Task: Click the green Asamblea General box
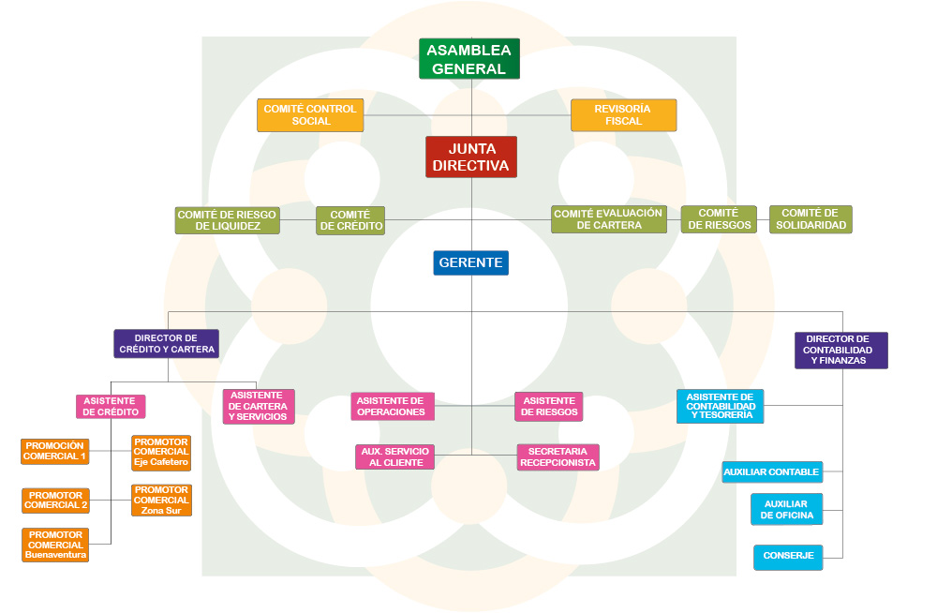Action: (469, 59)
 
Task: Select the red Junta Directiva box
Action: (471, 157)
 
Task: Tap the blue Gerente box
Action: (470, 262)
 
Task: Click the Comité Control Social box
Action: (310, 115)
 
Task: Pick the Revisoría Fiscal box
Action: (623, 115)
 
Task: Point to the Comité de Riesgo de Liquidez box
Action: (228, 220)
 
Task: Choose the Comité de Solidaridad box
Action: (811, 219)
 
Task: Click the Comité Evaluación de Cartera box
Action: (608, 219)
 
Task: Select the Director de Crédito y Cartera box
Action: (167, 343)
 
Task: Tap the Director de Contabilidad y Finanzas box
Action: (840, 350)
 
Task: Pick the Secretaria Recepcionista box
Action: (558, 456)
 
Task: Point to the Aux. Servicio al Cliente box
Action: (394, 456)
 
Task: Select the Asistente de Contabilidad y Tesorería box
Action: (721, 406)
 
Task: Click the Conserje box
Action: (788, 557)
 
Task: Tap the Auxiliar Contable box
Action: (772, 472)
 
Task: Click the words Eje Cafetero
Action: (161, 462)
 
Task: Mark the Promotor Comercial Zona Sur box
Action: (161, 501)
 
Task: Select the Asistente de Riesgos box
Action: (548, 407)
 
